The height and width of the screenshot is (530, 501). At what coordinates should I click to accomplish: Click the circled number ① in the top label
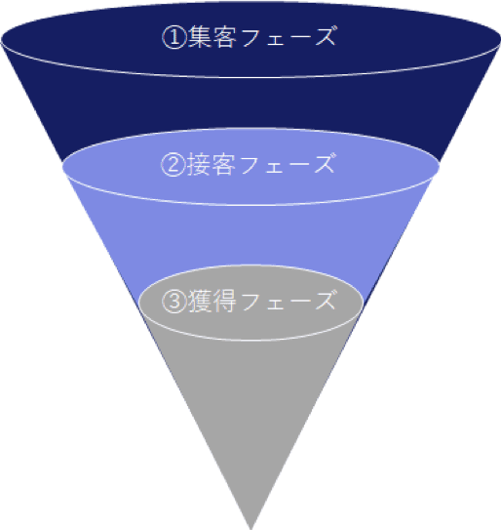pyautogui.click(x=174, y=38)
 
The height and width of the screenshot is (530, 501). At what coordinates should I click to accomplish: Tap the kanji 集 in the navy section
pyautogui.click(x=200, y=37)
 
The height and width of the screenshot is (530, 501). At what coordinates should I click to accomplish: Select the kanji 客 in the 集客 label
pyautogui.click(x=224, y=37)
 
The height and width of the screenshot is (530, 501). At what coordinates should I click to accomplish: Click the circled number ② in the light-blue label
pyautogui.click(x=173, y=165)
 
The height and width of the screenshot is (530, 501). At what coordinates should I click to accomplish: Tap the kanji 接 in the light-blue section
pyautogui.click(x=199, y=164)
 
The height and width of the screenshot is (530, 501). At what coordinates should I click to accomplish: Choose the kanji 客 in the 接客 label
pyautogui.click(x=223, y=164)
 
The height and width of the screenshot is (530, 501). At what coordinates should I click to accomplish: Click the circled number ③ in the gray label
pyautogui.click(x=174, y=302)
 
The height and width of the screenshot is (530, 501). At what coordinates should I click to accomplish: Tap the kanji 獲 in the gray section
pyautogui.click(x=200, y=301)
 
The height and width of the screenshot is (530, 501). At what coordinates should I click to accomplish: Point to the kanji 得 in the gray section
pyautogui.click(x=224, y=301)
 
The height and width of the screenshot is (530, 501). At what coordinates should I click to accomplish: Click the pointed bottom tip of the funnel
pyautogui.click(x=251, y=529)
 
